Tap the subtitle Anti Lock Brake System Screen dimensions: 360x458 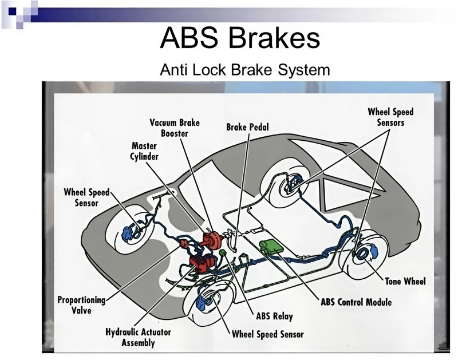click(x=245, y=71)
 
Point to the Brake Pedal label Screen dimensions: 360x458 click(x=247, y=126)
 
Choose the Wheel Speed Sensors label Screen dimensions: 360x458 click(x=390, y=117)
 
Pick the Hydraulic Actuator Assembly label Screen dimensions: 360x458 click(x=138, y=337)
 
